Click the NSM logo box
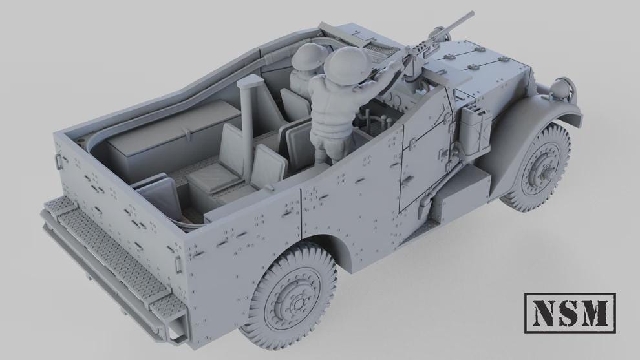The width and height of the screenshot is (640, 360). pos(570,313)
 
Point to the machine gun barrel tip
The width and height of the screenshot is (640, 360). pos(471,14)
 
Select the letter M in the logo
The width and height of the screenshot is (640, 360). pos(595,313)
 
